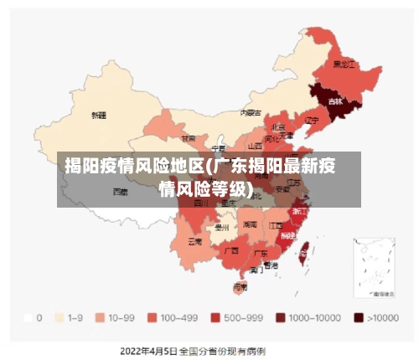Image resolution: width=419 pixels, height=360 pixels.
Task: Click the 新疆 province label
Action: (99, 115)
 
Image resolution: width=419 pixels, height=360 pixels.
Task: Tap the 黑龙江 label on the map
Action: (344, 64)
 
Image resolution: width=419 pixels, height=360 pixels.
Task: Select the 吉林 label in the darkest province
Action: (336, 101)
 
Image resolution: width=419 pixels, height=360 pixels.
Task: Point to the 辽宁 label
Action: (312, 120)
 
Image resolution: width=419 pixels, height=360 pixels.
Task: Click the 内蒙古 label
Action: (251, 112)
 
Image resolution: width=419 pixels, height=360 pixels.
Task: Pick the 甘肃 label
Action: (189, 138)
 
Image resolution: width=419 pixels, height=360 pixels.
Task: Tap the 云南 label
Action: (194, 241)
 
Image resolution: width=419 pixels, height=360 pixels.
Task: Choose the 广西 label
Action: (232, 249)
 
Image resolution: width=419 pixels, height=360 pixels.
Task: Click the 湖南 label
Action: (250, 224)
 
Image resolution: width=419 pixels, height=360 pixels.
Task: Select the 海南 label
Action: (240, 287)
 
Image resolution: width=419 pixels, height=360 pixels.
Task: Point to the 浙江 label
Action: (299, 212)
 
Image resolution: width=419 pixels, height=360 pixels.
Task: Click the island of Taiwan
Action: (304, 249)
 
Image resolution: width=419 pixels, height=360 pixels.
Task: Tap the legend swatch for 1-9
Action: (59, 318)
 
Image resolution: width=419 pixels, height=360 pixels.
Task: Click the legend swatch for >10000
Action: (358, 318)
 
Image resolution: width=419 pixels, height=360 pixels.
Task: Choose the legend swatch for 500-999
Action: (215, 318)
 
